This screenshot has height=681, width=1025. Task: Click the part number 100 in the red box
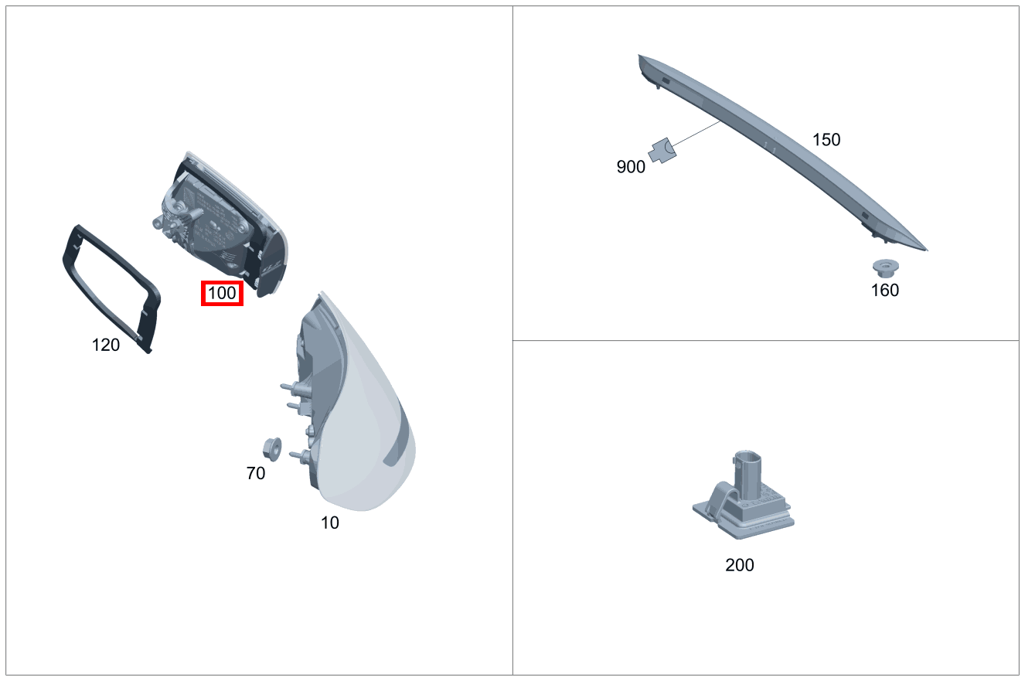(x=222, y=294)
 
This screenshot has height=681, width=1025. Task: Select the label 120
(x=106, y=345)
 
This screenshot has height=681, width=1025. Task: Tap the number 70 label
(x=256, y=473)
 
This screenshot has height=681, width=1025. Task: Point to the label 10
(x=330, y=523)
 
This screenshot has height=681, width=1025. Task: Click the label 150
(x=826, y=140)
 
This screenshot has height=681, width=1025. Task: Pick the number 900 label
(x=631, y=167)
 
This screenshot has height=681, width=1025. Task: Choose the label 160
(x=885, y=290)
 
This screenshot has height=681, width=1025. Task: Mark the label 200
(x=740, y=565)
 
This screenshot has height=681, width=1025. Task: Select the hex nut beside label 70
(x=272, y=449)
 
